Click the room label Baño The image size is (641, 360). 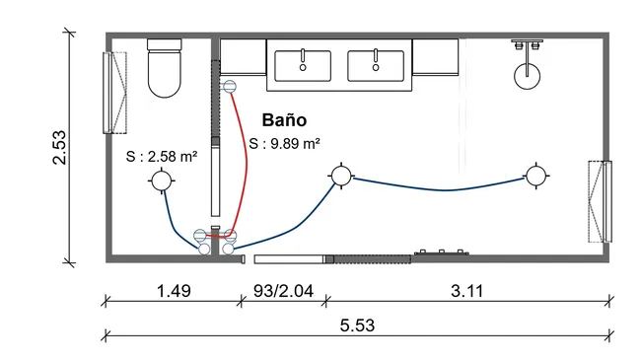(x=284, y=120)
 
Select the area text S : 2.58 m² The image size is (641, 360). (x=163, y=157)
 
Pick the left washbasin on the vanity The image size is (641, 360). (x=304, y=65)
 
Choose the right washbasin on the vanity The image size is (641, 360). (x=376, y=65)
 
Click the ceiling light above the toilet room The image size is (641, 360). (x=161, y=180)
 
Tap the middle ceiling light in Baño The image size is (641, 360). (x=340, y=177)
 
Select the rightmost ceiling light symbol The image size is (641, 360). (x=535, y=177)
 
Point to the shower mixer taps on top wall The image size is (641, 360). (x=529, y=44)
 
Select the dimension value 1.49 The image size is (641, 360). (x=173, y=291)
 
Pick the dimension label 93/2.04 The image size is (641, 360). (x=283, y=291)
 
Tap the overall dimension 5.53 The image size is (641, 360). (x=359, y=324)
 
